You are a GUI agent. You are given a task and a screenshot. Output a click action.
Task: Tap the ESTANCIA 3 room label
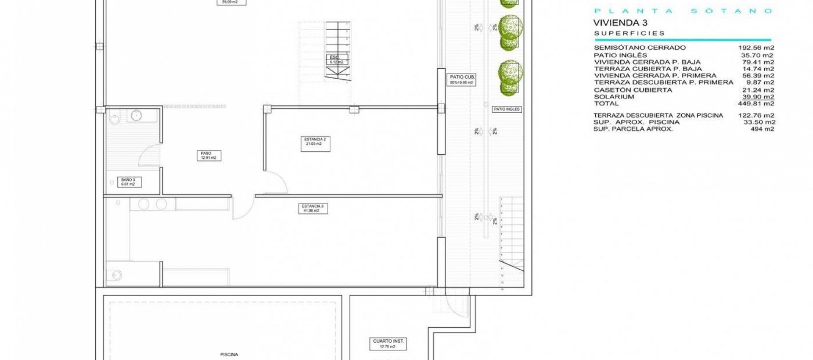313,208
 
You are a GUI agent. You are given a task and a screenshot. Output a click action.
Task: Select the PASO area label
208,155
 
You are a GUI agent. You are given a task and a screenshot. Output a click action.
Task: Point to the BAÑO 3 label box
129,182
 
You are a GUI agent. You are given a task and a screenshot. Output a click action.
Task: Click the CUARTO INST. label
388,343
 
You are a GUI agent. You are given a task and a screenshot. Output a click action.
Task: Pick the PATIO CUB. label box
462,80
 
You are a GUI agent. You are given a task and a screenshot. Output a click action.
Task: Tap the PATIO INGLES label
506,109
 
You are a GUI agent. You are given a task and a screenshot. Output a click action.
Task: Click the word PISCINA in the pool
229,354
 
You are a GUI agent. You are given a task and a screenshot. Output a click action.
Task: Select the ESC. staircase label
337,60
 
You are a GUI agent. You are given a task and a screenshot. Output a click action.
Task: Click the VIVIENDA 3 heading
620,23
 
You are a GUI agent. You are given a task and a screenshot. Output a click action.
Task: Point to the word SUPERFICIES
629,33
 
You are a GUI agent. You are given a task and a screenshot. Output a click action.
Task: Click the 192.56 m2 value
756,48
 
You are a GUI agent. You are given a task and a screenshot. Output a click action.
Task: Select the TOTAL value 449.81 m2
756,104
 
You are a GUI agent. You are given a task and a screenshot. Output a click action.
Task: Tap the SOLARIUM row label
614,97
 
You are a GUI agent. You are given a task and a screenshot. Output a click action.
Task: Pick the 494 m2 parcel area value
762,129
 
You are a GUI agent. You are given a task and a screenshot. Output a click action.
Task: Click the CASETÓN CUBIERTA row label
633,90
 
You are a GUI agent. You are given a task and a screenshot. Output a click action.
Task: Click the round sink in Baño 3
136,115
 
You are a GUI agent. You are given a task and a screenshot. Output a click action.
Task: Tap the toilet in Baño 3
114,119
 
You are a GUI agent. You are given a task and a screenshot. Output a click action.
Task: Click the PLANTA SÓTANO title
683,11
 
